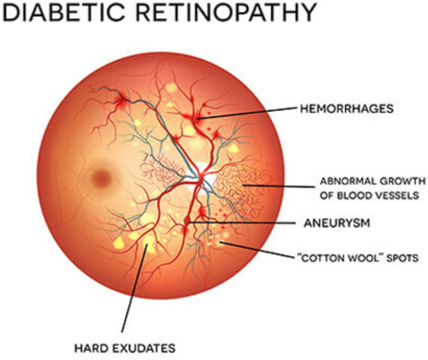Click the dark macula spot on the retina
pos(102,178)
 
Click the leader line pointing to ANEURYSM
pos(241,223)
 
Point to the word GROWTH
pos(401,181)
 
